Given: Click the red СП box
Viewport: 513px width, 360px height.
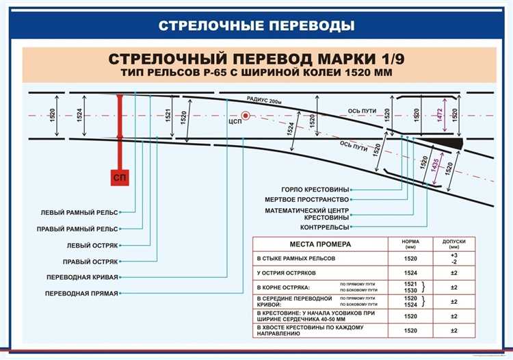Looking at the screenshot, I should click(120, 178).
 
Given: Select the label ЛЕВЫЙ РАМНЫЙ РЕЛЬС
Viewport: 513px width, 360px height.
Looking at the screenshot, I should click(79, 212).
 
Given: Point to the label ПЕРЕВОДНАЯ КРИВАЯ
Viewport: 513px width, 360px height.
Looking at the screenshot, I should click(82, 277).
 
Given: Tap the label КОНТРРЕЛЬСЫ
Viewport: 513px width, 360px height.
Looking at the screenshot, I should click(325, 227).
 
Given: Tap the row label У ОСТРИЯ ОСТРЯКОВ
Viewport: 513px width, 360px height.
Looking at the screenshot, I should click(286, 272).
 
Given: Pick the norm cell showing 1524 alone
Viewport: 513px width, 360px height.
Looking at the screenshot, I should click(410, 272).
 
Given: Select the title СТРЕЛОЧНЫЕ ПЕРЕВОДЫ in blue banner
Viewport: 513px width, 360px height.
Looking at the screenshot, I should click(256, 27).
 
